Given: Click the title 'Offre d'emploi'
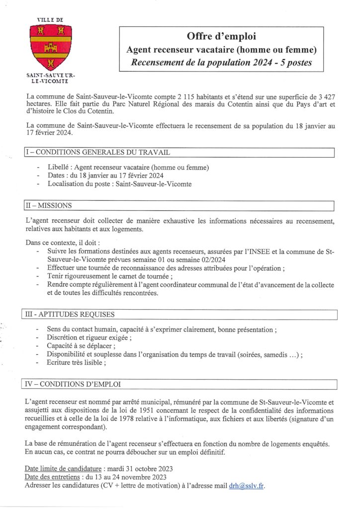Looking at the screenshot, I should click(222, 36).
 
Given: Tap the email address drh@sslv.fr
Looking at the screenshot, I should click(247, 486).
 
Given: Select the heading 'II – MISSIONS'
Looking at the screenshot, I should click(48, 205).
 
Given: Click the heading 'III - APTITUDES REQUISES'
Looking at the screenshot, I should click(70, 314).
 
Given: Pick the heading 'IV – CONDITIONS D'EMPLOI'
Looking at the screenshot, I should click(72, 384).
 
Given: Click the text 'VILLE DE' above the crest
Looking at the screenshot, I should click(50, 19).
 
